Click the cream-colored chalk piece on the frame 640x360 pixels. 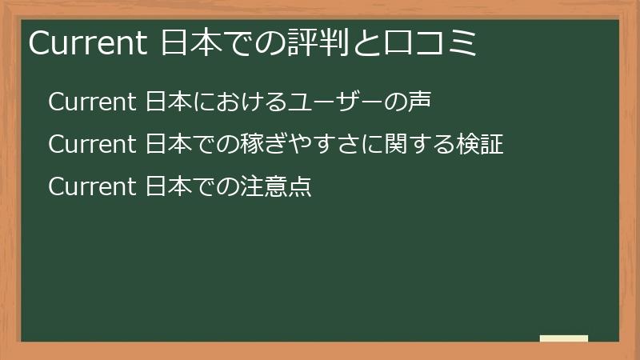coord(564,338)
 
